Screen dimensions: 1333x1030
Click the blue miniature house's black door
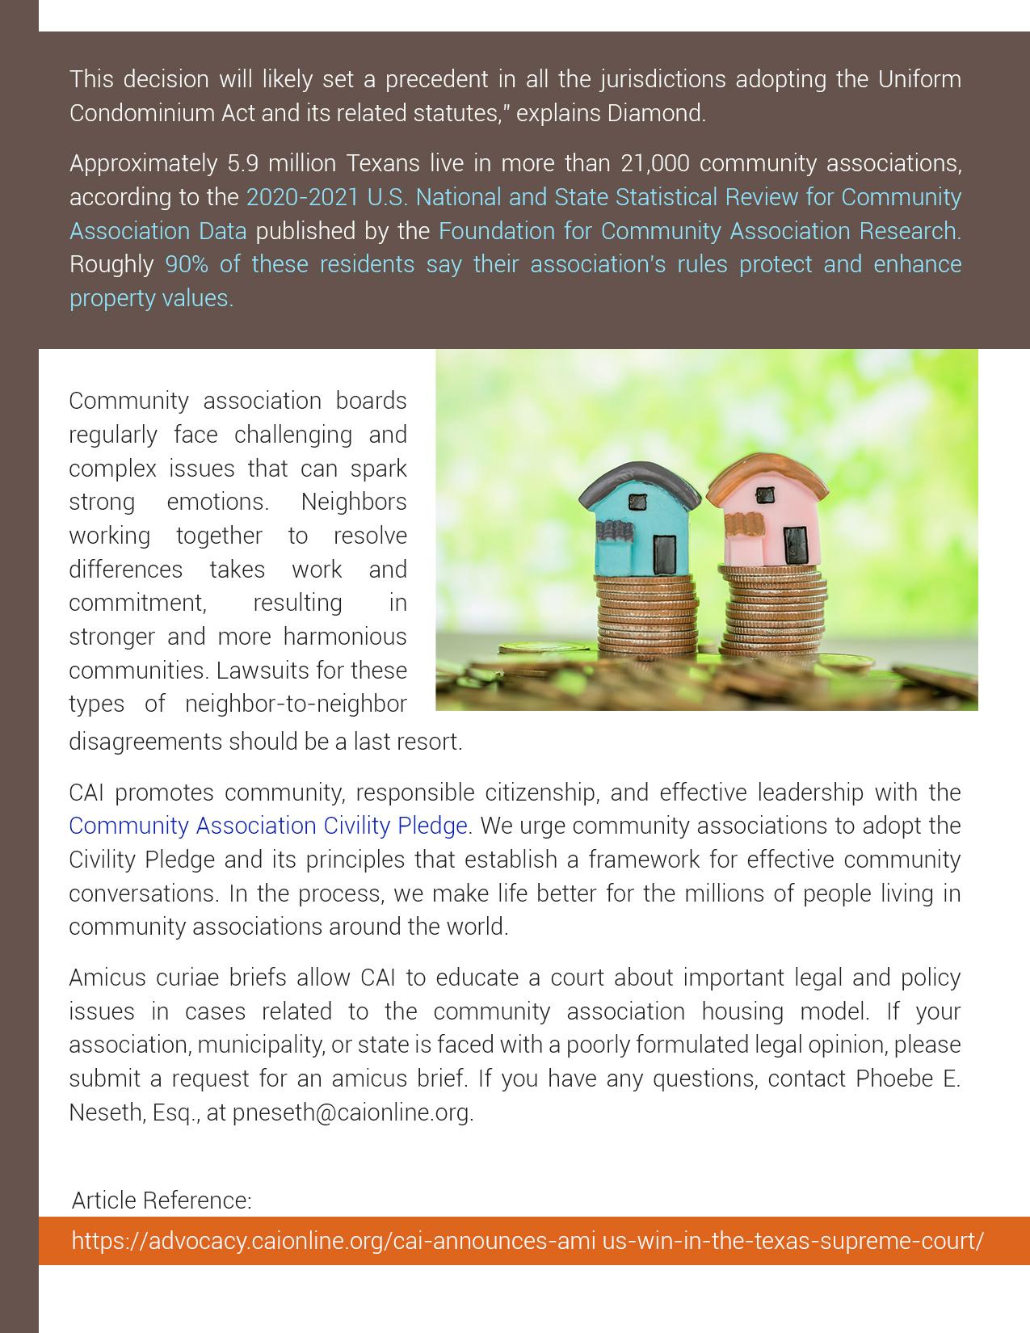point(664,554)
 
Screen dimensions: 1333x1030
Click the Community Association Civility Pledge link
point(268,826)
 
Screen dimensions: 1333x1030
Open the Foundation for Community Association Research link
point(700,231)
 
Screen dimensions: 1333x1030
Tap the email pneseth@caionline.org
point(351,1112)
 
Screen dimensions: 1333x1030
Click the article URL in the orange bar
point(528,1240)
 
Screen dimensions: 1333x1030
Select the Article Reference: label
point(162,1201)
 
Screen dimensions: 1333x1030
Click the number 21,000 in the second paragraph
point(654,163)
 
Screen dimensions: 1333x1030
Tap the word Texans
point(383,163)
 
